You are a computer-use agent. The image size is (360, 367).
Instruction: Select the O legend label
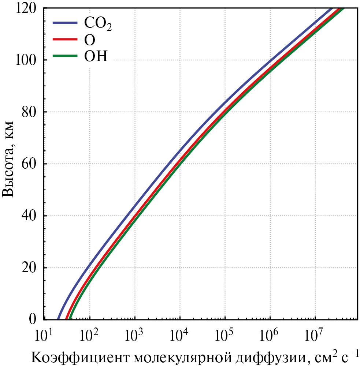(x=90, y=40)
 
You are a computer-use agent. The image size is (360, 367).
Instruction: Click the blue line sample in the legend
(x=65, y=23)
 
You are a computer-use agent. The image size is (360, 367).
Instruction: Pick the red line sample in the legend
(x=65, y=39)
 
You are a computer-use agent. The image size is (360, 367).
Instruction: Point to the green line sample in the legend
(x=65, y=56)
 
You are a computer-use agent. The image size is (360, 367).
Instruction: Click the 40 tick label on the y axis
(x=31, y=216)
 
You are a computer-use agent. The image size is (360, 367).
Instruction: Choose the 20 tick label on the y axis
(x=31, y=267)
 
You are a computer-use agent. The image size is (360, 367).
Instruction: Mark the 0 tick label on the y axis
(x=36, y=319)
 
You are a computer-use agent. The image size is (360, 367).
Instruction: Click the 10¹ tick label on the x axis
(x=44, y=335)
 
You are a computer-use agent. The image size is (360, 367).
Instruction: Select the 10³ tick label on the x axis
(x=135, y=335)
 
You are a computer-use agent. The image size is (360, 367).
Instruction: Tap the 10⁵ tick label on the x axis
(x=225, y=335)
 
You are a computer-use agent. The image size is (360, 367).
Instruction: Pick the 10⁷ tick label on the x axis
(x=315, y=335)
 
